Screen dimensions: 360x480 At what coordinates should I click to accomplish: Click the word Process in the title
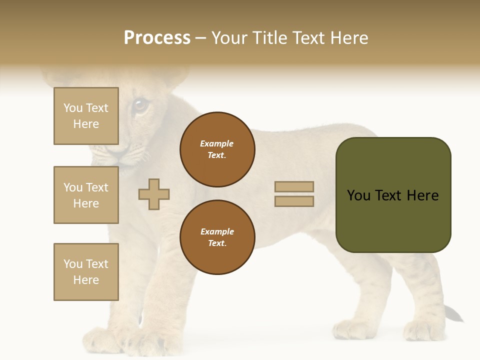coord(157,38)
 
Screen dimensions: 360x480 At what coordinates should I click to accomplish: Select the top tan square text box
coord(86,116)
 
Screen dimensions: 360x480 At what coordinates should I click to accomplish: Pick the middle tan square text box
coord(86,195)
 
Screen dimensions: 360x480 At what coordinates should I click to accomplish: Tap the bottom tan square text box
coord(86,272)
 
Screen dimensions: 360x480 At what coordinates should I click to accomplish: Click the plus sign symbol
coord(154,194)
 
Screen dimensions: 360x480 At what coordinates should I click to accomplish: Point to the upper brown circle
coord(217,149)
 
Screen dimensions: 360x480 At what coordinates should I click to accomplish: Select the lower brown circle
coord(217,237)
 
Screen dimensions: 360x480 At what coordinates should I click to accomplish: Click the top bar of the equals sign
coord(294,187)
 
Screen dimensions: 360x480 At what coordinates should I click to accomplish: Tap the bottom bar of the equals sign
coord(294,201)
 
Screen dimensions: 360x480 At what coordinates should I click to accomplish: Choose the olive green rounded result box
coord(393,195)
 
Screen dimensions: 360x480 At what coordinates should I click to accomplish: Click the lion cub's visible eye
coord(140,105)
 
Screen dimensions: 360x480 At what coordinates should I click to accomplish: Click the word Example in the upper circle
coord(217,143)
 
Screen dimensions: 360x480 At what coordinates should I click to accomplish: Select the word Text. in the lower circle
coord(217,243)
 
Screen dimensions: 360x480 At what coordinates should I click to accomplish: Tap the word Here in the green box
coord(422,195)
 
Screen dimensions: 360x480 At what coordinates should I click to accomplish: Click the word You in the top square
coord(73,108)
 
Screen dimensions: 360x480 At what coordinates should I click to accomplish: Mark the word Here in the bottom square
coord(86,280)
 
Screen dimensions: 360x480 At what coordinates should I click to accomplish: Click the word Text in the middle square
coord(96,187)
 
